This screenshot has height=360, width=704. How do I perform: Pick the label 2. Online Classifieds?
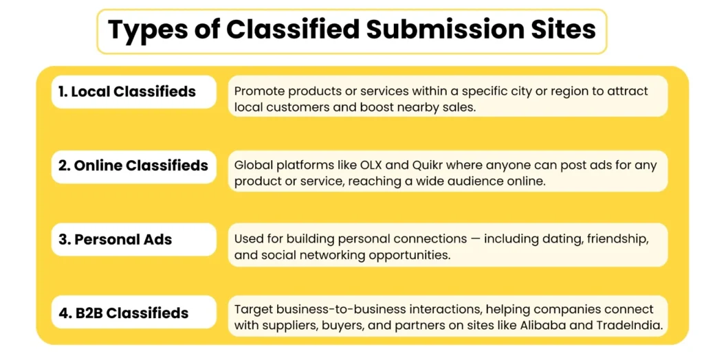tap(134, 166)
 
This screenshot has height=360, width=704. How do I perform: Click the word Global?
tap(254, 165)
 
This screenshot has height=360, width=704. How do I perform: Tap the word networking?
tap(367, 255)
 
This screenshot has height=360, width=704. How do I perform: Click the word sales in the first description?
tap(460, 107)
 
